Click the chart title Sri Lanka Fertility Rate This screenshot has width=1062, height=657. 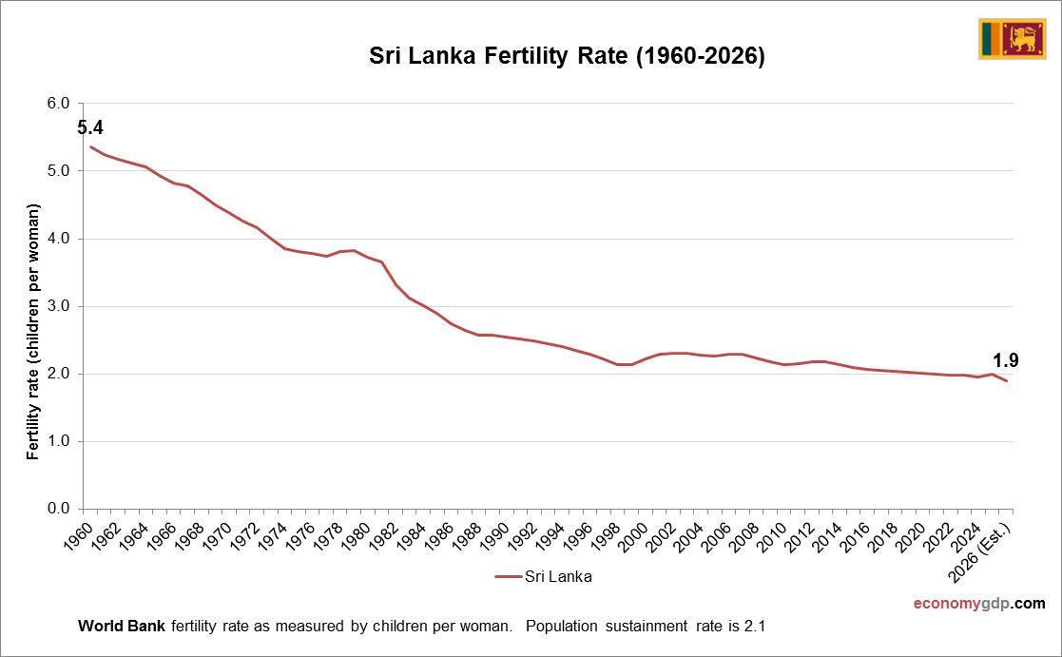pyautogui.click(x=567, y=56)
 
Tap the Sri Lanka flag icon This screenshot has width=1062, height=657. pyautogui.click(x=1012, y=39)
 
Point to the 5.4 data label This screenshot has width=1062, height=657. pyautogui.click(x=90, y=127)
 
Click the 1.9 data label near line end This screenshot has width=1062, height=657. pyautogui.click(x=1006, y=360)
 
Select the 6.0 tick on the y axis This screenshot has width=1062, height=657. pyautogui.click(x=59, y=103)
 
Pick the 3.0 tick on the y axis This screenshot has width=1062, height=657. pyautogui.click(x=59, y=306)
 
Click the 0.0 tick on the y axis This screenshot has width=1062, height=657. pyautogui.click(x=59, y=509)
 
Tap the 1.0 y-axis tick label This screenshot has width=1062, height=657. pyautogui.click(x=59, y=441)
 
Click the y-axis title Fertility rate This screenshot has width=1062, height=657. pyautogui.click(x=33, y=332)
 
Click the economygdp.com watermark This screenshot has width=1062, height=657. pyautogui.click(x=979, y=604)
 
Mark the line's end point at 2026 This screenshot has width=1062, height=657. pyautogui.click(x=1006, y=380)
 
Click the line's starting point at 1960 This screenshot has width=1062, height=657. pyautogui.click(x=90, y=146)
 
